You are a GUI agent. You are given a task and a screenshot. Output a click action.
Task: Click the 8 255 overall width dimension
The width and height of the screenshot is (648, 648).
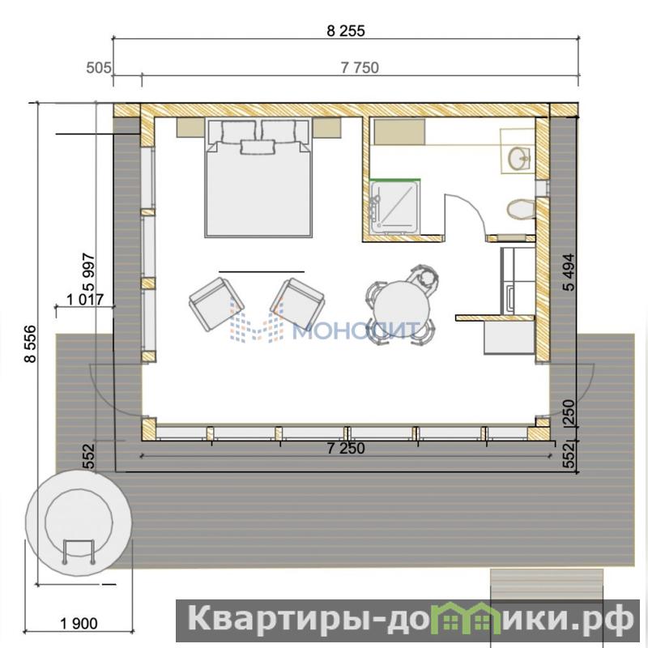coord(346,31)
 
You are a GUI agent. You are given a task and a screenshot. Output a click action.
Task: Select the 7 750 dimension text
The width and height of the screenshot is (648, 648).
coord(360,68)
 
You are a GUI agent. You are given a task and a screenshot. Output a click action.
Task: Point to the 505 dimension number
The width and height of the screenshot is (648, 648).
coord(98,68)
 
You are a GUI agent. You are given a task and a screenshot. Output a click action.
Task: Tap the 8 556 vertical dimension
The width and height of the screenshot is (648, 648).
coord(30,344)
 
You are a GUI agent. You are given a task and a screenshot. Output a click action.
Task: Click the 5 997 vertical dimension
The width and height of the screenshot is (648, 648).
coord(89,272)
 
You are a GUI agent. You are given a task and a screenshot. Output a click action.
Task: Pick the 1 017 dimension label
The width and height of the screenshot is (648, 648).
coord(85,299)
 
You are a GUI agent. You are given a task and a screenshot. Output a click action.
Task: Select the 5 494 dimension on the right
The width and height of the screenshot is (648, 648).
coord(569,272)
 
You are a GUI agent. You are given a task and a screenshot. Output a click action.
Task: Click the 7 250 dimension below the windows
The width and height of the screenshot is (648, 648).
coord(346,449)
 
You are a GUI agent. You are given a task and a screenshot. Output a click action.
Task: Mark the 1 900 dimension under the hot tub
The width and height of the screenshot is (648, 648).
coord(79,623)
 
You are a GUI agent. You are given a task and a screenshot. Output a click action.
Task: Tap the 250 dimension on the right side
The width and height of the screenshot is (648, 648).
coord(569,412)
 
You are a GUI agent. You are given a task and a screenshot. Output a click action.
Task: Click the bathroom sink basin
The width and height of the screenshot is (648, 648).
coord(519,158)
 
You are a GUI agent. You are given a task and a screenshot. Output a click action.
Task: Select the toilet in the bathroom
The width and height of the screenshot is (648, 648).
coord(521,209)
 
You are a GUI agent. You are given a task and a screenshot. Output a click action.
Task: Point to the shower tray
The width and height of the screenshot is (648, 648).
coord(395,208)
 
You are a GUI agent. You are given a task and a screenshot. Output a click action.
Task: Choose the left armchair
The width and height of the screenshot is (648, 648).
coord(216,304)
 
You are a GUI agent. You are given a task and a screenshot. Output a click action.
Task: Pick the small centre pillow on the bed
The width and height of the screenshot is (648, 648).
coord(258,147)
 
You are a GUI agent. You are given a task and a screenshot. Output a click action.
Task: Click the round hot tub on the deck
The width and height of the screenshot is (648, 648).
coord(79,522)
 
